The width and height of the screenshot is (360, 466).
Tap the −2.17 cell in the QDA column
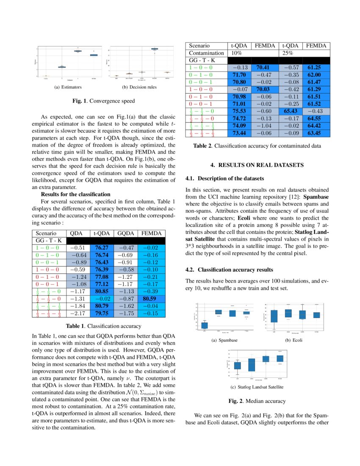click(77, 313)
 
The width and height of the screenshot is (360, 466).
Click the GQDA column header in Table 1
click(126, 233)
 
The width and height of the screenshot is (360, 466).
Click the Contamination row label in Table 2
click(206, 53)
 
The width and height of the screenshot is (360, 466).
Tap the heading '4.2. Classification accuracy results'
click(230, 269)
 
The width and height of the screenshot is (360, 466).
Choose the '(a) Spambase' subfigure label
click(224, 340)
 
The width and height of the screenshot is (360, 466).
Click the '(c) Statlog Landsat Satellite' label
click(257, 387)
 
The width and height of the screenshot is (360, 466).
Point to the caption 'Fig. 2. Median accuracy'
click(257, 401)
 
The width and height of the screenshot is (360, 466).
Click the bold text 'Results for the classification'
click(72, 194)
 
